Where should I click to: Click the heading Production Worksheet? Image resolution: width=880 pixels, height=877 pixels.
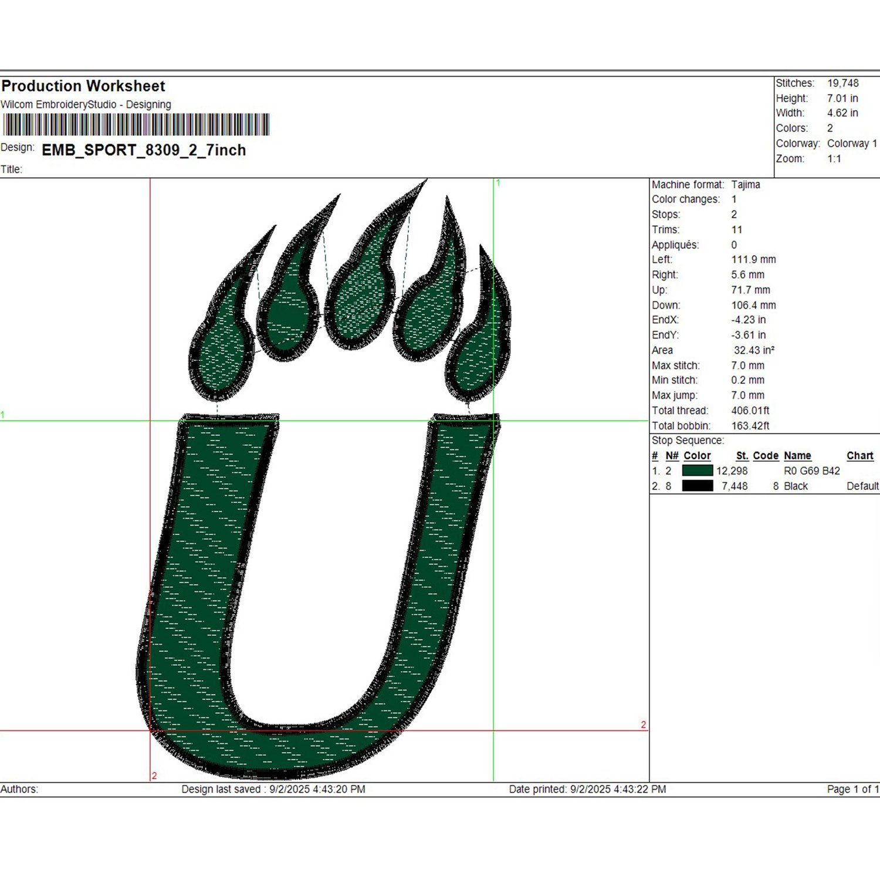(83, 86)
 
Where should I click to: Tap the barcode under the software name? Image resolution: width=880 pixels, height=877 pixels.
(136, 125)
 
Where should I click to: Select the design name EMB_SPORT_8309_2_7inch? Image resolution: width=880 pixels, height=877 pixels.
(144, 150)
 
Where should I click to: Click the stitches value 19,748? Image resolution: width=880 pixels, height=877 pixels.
(843, 83)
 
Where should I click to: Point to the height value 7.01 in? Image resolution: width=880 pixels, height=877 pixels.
(842, 99)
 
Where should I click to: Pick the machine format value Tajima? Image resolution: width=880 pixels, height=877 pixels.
(746, 185)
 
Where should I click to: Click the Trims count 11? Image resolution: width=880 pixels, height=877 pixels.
(737, 230)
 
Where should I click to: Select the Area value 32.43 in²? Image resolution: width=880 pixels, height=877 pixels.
(754, 350)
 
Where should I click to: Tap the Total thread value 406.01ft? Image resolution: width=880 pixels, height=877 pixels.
(750, 411)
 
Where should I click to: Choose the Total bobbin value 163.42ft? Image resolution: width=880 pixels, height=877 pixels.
(750, 426)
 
